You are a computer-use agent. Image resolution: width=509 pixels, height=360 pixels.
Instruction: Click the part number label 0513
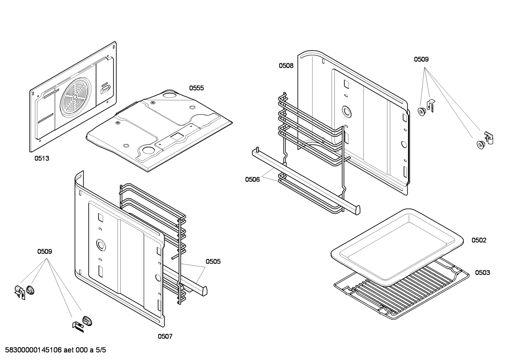click(x=42, y=158)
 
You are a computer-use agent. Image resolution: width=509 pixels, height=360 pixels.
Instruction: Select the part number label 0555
click(x=196, y=88)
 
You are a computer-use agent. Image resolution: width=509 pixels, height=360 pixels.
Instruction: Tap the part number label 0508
click(x=286, y=65)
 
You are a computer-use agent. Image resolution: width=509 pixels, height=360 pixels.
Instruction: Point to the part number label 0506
click(x=252, y=179)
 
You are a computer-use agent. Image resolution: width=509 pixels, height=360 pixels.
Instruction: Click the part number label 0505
click(x=213, y=261)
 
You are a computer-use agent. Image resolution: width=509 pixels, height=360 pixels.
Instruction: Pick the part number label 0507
click(x=165, y=336)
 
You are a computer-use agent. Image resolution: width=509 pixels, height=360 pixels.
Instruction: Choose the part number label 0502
click(x=479, y=240)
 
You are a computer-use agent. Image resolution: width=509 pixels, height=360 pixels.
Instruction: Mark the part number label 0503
click(x=482, y=272)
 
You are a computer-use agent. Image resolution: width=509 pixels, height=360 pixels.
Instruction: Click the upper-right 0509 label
click(x=421, y=59)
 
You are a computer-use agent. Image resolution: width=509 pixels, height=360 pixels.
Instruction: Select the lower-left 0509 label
click(x=44, y=252)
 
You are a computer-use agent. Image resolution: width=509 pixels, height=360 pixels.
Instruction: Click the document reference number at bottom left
click(x=55, y=350)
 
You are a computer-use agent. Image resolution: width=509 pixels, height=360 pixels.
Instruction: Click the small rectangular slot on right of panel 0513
click(x=105, y=88)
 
